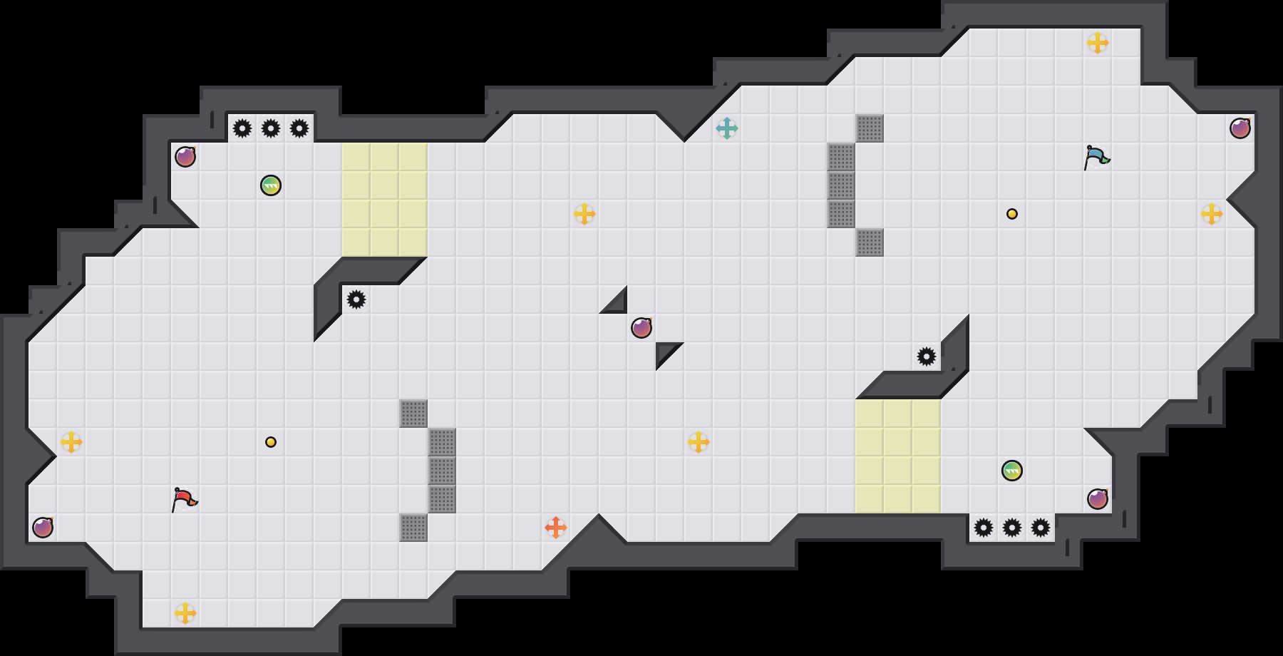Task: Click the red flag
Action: point(184,499)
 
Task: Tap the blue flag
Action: point(1096,157)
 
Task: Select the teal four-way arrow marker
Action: point(727,128)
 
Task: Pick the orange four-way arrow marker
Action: point(556,528)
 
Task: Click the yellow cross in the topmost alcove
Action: point(1098,43)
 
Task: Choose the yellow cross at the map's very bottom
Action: point(185,613)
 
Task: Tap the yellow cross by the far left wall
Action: point(71,442)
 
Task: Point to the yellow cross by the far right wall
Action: point(1212,214)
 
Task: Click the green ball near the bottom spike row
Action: point(1012,471)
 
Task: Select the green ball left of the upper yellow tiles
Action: point(271,185)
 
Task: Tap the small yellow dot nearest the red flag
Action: point(271,442)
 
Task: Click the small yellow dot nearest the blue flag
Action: point(1012,214)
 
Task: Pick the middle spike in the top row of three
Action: point(271,128)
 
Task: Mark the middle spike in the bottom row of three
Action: point(1012,528)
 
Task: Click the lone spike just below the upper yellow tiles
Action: point(356,299)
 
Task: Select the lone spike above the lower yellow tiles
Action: point(927,357)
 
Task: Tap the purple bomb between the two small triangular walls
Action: point(641,328)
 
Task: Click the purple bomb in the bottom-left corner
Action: point(43,528)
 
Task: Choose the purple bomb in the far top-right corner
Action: point(1240,128)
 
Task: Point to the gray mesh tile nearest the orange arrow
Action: point(413,528)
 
